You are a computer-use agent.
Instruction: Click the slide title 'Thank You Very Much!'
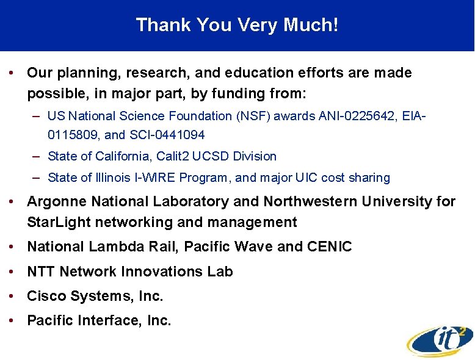click(237, 25)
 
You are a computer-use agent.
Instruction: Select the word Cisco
click(46, 297)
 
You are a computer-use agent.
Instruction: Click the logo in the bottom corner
click(439, 339)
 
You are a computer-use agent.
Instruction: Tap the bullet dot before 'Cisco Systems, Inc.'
click(13, 297)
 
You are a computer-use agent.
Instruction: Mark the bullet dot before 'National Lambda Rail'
click(13, 247)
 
